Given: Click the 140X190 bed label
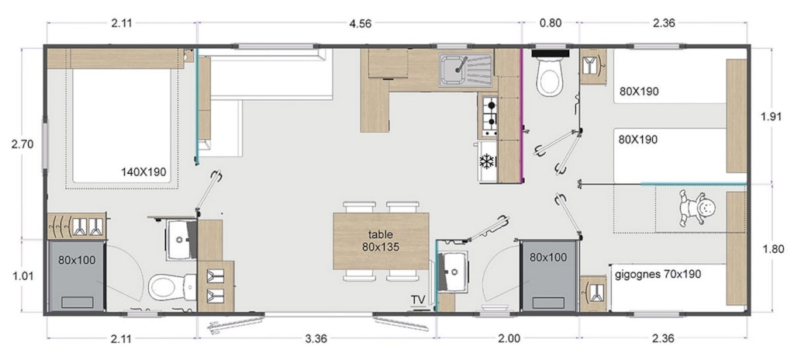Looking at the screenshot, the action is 143,172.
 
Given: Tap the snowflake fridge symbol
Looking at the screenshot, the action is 487,161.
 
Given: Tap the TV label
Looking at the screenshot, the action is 418,300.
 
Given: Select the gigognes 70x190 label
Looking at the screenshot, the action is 658,275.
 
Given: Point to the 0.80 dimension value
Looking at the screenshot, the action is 551,22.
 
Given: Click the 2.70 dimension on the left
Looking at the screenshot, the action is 22,144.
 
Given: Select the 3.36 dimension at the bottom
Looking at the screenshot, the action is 316,338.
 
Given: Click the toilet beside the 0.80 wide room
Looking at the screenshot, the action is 551,75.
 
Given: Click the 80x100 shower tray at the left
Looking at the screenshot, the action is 77,276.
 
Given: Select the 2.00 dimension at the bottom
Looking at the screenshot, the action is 509,338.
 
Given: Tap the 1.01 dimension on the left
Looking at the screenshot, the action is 22,276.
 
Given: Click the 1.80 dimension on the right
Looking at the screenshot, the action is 773,249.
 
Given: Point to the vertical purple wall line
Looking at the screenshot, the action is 522,116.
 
